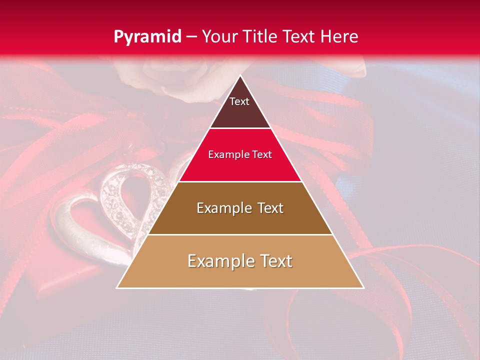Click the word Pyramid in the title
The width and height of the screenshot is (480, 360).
click(x=147, y=36)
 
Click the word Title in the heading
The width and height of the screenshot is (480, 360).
click(x=262, y=36)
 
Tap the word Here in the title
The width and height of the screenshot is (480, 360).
click(x=340, y=36)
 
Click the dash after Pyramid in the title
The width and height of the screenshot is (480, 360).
click(x=191, y=37)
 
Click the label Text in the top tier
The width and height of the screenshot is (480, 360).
click(x=239, y=101)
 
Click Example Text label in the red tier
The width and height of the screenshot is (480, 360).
click(x=240, y=154)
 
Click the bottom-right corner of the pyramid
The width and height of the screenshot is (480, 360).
click(x=363, y=287)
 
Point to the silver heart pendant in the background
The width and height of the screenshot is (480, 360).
click(x=115, y=210)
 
